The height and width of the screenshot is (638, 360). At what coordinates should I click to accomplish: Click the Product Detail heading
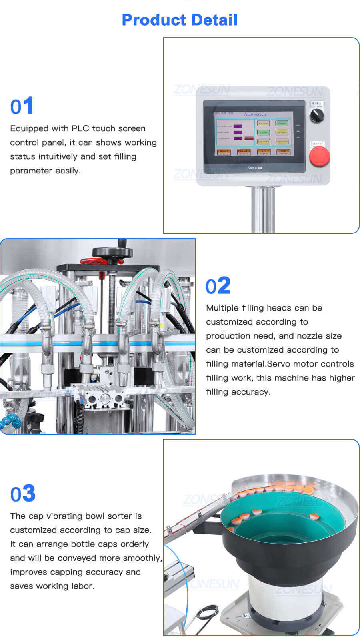click(x=180, y=20)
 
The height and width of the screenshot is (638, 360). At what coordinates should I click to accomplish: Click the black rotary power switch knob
click(x=317, y=116)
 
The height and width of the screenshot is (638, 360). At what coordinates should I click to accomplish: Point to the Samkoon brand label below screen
click(x=254, y=168)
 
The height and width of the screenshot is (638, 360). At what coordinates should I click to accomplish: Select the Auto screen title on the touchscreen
click(x=255, y=114)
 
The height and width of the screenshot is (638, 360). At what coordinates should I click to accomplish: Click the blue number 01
click(x=22, y=106)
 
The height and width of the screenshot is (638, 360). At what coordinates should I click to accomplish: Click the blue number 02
click(x=218, y=286)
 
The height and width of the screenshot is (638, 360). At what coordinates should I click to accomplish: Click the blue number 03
click(x=23, y=494)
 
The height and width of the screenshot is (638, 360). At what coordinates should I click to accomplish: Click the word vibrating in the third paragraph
click(x=64, y=516)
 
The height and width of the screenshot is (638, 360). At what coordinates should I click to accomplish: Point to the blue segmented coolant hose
click(x=10, y=421)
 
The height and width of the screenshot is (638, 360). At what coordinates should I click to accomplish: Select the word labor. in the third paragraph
click(x=82, y=586)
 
